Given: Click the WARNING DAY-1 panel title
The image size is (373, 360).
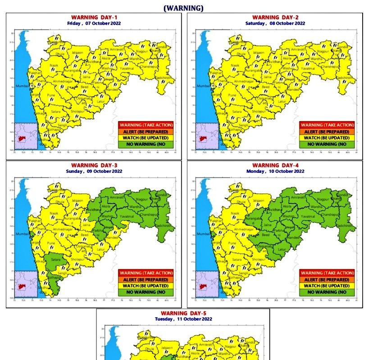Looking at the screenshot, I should tap(93, 17).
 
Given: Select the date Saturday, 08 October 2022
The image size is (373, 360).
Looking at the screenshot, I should tap(275, 23).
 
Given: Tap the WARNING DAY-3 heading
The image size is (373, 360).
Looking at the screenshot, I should tap(93, 166).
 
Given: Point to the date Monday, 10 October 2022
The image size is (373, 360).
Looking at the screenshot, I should tap(275, 171).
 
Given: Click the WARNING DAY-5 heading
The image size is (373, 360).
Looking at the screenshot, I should tap(183, 313).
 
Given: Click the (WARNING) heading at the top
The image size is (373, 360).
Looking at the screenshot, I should tap(183, 8).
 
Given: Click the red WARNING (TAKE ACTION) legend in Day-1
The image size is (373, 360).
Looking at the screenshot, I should tap(146, 125).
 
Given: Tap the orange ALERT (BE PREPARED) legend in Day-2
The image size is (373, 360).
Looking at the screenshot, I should tap(328, 131).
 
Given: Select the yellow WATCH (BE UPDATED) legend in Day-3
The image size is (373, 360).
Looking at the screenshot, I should tap(146, 286).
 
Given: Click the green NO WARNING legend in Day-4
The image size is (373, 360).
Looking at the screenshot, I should tap(328, 292).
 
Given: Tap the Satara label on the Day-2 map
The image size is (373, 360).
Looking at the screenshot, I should tap(237, 111).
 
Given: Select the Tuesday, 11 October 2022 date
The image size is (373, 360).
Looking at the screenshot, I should tap(183, 319).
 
